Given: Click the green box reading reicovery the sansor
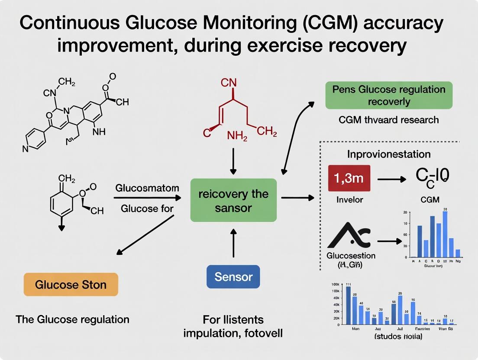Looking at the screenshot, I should coord(233,200).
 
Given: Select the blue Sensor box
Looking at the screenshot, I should coord(233,276).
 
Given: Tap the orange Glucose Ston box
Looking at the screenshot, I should coord(71,285).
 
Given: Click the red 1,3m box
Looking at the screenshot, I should coord(349,178).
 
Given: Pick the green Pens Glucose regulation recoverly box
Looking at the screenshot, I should coord(388,96).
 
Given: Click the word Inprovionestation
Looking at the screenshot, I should coord(389,154).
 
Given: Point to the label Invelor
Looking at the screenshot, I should coord(349,199).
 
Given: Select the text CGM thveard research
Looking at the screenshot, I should coord(389,120).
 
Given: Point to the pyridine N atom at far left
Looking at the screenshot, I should coord(26,148).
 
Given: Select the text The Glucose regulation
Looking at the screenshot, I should coord(72,319).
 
